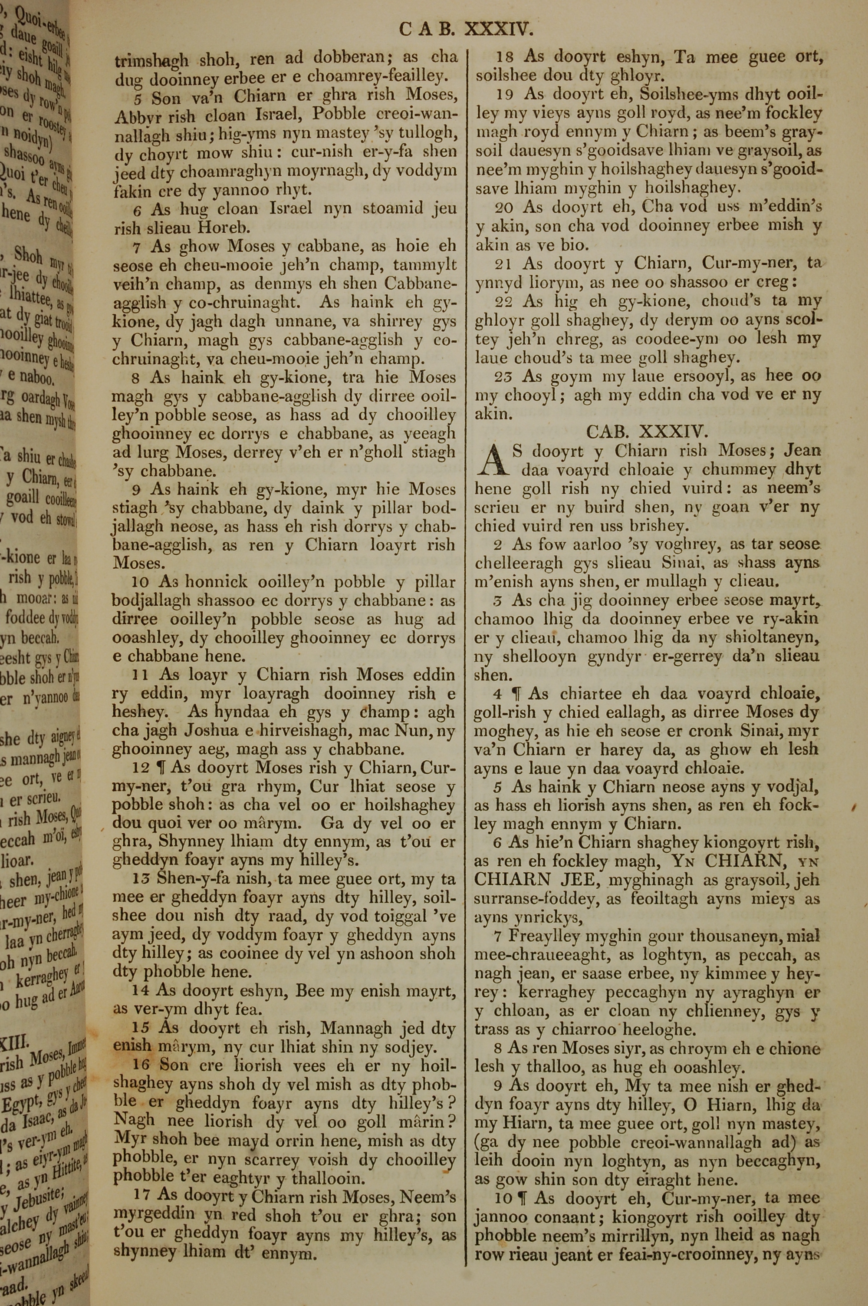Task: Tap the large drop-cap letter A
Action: pyautogui.click(x=490, y=462)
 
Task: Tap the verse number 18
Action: pyautogui.click(x=504, y=57)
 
